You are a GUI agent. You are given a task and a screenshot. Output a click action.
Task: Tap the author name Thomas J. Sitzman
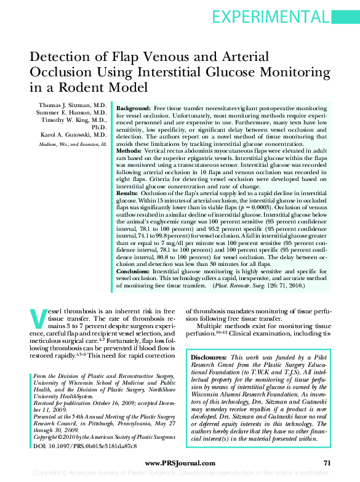[73, 106]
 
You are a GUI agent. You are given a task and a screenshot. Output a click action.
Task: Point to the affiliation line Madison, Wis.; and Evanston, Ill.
[69, 143]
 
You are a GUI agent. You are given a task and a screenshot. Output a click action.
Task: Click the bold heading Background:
[134, 108]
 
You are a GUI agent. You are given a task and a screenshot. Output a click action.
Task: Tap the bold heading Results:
[127, 193]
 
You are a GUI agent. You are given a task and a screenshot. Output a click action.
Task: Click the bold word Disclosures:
[209, 357]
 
